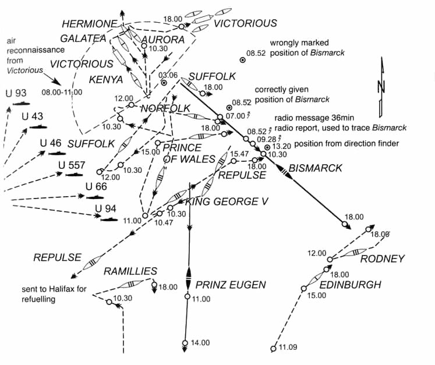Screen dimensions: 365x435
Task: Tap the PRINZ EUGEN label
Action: pyautogui.click(x=231, y=285)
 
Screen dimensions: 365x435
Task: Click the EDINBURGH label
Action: pyautogui.click(x=351, y=285)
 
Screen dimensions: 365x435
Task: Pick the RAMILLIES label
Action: pyautogui.click(x=130, y=271)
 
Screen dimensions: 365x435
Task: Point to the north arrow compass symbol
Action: pyautogui.click(x=382, y=84)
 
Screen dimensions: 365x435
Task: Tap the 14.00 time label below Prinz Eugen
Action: pyautogui.click(x=200, y=343)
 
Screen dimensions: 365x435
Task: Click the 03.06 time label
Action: pyautogui.click(x=168, y=75)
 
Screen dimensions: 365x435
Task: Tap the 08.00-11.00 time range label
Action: pyautogui.click(x=62, y=92)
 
